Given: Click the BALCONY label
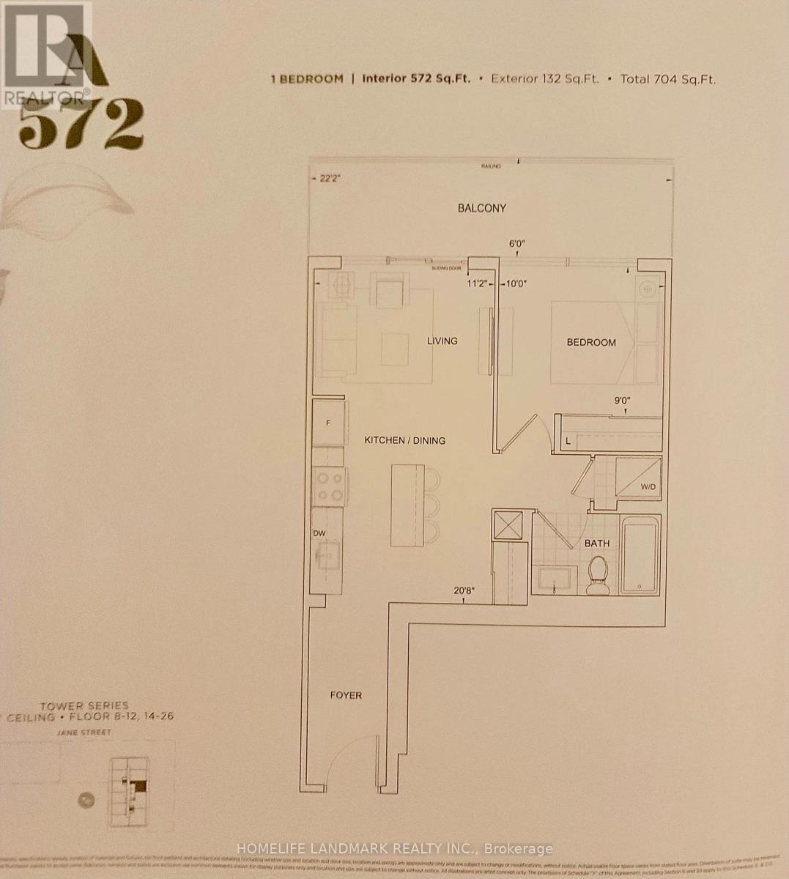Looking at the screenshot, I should coord(481,208).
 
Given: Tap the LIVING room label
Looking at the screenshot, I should coord(442,341).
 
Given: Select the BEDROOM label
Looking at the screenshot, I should coord(591,342).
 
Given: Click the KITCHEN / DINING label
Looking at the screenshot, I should coord(405,440).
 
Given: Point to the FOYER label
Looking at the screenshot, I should coord(345,695).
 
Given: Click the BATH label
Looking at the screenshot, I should coord(596,544).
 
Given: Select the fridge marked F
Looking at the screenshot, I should coord(328,423).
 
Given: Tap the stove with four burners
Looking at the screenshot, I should coord(329,486).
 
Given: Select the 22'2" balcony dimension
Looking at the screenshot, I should coord(331,178).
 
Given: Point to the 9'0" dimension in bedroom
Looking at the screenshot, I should coord(623,401).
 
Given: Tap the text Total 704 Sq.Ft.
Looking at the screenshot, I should coord(667,79).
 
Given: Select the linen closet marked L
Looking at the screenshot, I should coord(568,440).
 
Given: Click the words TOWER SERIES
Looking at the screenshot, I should coord(84,705).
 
